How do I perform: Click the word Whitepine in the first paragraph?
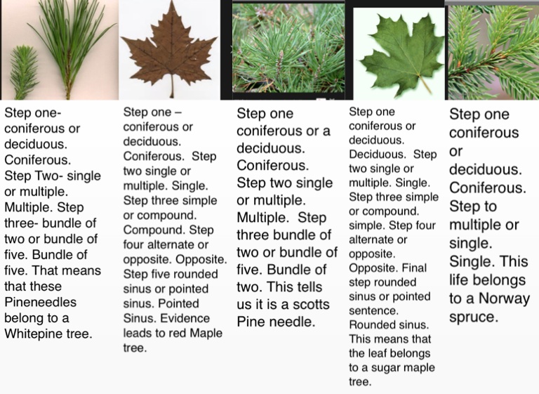[32, 334]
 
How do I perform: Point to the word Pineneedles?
[41, 302]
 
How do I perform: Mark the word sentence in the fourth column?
[373, 310]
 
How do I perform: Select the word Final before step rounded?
[414, 268]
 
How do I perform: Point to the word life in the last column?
[458, 280]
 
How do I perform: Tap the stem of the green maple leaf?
[424, 84]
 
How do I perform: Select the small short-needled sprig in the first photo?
[23, 72]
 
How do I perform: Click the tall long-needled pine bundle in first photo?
[72, 48]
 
